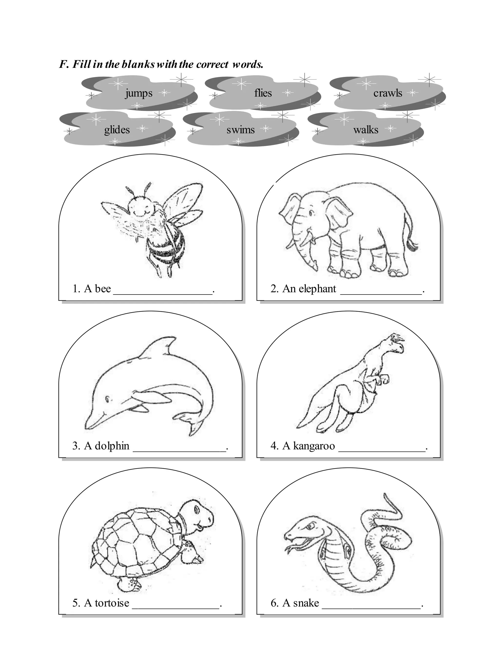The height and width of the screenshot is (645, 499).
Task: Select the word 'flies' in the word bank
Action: [263, 93]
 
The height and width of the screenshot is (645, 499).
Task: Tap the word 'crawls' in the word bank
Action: [388, 93]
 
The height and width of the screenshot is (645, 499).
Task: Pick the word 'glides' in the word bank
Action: [117, 130]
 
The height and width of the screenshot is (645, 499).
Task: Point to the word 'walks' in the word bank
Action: [366, 130]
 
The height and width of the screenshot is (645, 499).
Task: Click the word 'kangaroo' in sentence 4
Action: [314, 446]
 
